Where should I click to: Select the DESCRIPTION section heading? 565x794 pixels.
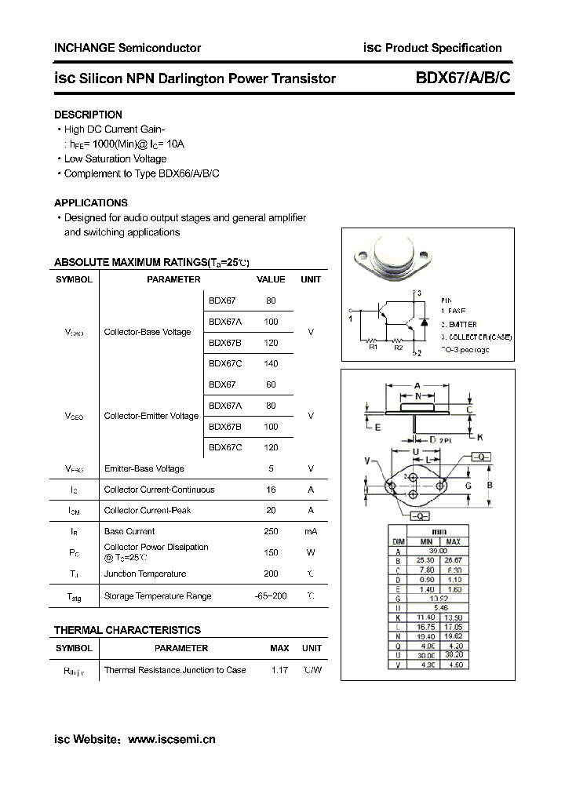pos(88,115)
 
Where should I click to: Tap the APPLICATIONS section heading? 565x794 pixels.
pos(91,202)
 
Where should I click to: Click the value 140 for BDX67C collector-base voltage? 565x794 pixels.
pos(271,363)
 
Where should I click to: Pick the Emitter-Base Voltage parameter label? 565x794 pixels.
pos(144,468)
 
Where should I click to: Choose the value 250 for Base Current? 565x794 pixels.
pos(271,531)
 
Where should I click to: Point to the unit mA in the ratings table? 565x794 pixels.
pos(311,531)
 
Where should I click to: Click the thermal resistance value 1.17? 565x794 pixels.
pos(279,670)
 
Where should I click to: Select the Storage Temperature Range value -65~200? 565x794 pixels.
pos(271,595)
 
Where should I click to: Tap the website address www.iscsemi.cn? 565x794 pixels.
pos(171,739)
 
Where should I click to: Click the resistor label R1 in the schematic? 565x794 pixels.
pos(374,346)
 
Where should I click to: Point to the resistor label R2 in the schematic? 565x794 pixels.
pos(398,346)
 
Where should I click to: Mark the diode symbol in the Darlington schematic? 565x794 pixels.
pos(424,322)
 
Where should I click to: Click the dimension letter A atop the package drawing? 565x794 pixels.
pos(417,385)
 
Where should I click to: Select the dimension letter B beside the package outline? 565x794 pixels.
pos(490,486)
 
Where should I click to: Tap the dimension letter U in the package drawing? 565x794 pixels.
pos(415,452)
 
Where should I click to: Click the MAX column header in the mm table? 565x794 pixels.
pos(453,541)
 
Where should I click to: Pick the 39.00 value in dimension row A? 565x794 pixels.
pos(439,551)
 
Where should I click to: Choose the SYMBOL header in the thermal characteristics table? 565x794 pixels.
pos(75,648)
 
